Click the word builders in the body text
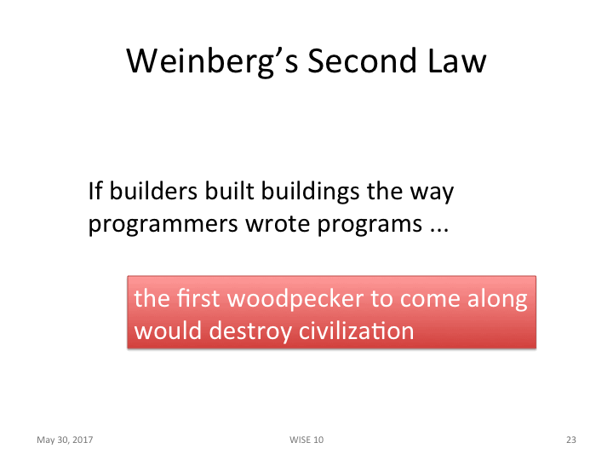coord(150,191)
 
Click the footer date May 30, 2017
coord(65,440)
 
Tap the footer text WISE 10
coord(306,440)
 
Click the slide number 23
coord(570,440)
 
